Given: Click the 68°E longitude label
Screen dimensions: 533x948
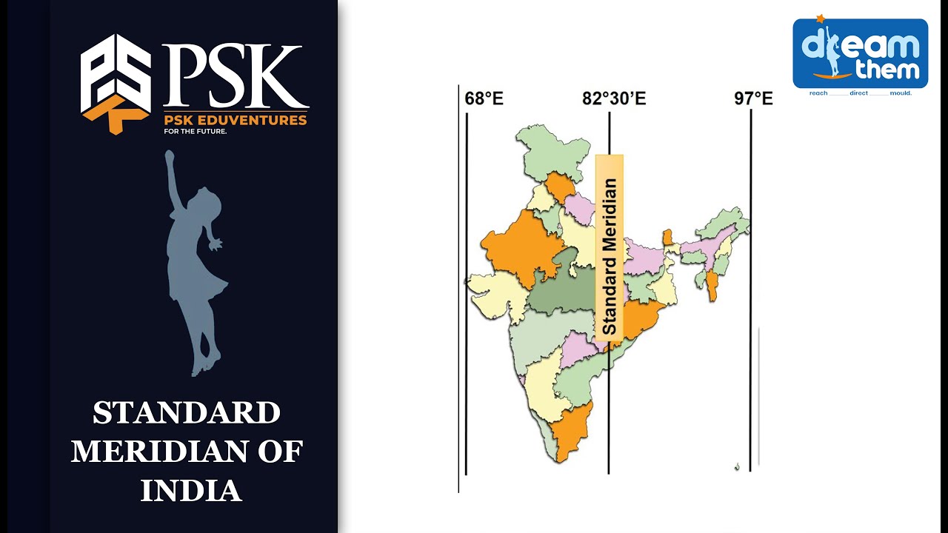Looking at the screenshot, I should point(484,98).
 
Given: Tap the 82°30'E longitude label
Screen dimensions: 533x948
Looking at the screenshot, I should point(613,98).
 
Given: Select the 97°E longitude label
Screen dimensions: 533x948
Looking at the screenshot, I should point(753,98).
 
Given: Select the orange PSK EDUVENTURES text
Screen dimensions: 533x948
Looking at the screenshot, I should point(236,120).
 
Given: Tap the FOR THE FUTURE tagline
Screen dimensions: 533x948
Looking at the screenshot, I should point(196,132).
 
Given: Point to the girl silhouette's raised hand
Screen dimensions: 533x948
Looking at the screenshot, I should point(170,157).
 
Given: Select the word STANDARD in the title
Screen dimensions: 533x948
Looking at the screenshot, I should point(187,413).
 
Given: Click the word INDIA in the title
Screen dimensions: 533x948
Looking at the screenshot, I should point(191,490).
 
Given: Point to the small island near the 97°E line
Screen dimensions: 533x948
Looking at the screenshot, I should point(737,466).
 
